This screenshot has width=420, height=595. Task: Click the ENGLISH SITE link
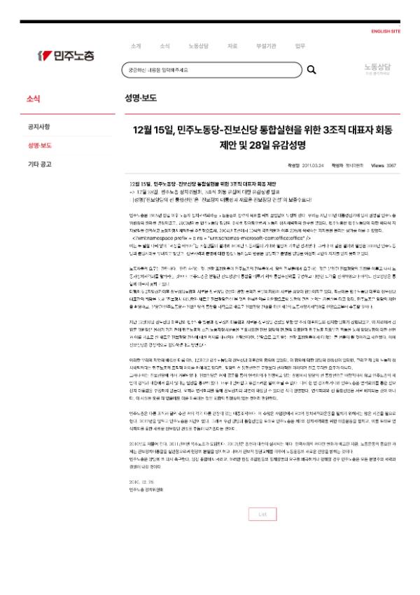(x=386, y=31)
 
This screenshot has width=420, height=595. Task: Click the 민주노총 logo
(x=66, y=55)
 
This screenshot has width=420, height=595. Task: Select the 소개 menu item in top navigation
(x=136, y=46)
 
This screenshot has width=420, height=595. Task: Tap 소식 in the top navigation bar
(x=164, y=46)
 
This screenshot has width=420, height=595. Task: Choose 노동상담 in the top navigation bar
(x=199, y=46)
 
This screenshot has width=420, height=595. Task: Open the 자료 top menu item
(x=232, y=46)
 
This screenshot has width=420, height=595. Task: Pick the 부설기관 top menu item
(x=266, y=46)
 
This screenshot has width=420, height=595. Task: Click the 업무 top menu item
(x=300, y=46)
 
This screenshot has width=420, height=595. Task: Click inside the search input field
(x=210, y=70)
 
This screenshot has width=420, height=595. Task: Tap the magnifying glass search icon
(x=311, y=70)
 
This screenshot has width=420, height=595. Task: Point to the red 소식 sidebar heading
(x=33, y=99)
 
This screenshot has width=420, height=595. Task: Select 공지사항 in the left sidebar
(x=38, y=127)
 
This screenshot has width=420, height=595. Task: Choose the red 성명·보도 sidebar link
(x=39, y=146)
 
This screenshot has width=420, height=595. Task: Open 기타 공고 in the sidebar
(x=39, y=164)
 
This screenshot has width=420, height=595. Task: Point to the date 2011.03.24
(x=311, y=166)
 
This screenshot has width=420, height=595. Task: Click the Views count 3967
(x=392, y=166)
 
